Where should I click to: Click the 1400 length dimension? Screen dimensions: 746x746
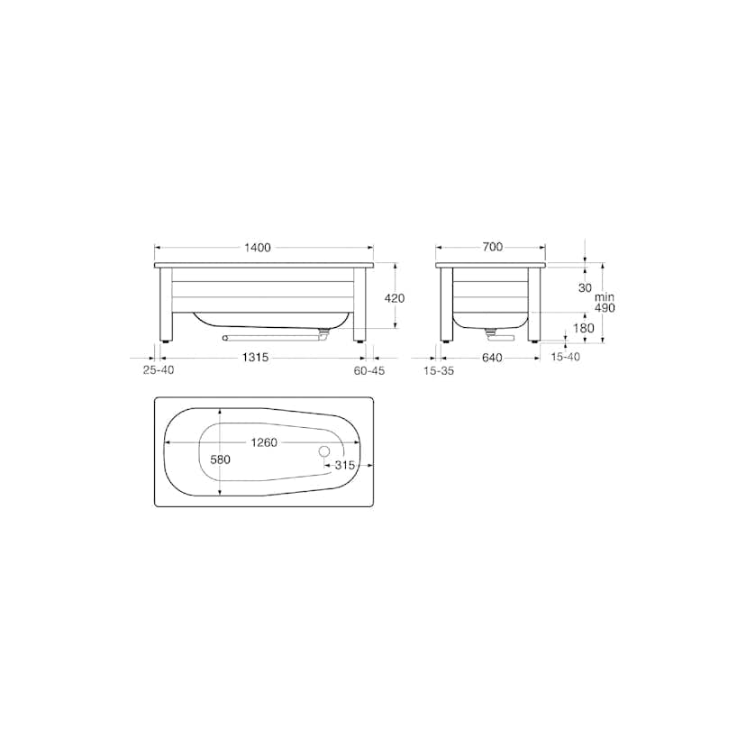click(258, 248)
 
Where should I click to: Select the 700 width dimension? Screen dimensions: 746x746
click(493, 247)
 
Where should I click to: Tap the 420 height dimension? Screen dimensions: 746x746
click(395, 298)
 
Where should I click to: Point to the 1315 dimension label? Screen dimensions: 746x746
click(256, 357)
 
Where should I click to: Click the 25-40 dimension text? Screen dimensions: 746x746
click(159, 369)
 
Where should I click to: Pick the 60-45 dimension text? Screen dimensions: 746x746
click(369, 370)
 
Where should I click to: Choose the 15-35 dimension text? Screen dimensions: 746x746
click(439, 370)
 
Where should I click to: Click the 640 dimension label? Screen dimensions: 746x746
click(492, 358)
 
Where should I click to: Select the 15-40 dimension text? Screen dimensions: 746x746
click(565, 357)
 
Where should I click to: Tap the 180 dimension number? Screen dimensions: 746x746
click(584, 328)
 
